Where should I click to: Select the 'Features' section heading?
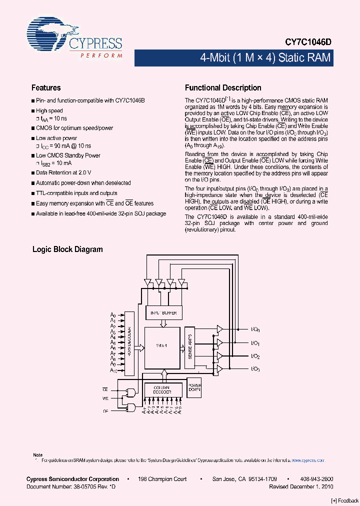pos(46,87)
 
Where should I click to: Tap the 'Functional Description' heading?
pos(223,87)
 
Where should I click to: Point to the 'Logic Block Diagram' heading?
pos(67,249)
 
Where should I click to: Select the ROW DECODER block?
pos(129,343)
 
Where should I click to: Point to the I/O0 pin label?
pos(255,330)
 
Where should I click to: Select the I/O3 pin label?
pos(255,369)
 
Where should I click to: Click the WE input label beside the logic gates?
pos(105,398)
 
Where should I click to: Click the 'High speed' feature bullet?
pos(49,110)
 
